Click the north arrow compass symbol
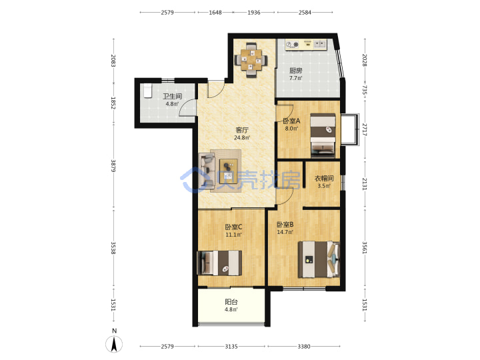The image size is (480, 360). click(x=114, y=343)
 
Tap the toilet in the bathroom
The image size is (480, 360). click(x=148, y=91)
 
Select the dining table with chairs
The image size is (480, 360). click(x=251, y=60)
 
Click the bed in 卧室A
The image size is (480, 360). click(x=323, y=135)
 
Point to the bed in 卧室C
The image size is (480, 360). click(x=219, y=263)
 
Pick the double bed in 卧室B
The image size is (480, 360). click(x=319, y=259)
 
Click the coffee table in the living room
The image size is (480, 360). click(x=229, y=171)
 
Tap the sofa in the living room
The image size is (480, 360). click(x=207, y=171)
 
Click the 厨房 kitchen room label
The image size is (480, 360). click(x=296, y=71)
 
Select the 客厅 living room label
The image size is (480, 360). click(x=242, y=130)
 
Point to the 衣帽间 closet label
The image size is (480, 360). click(x=324, y=178)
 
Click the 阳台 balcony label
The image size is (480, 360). click(x=231, y=302)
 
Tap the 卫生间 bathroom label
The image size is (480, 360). click(x=173, y=97)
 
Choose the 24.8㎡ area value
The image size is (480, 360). click(x=242, y=138)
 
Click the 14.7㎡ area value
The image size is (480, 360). click(x=285, y=232)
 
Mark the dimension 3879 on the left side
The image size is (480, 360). click(x=113, y=165)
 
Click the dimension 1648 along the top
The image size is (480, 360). click(x=215, y=12)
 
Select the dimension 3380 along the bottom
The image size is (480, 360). click(x=304, y=346)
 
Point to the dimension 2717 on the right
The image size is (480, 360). click(x=365, y=129)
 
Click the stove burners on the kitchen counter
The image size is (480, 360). click(x=292, y=45)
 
